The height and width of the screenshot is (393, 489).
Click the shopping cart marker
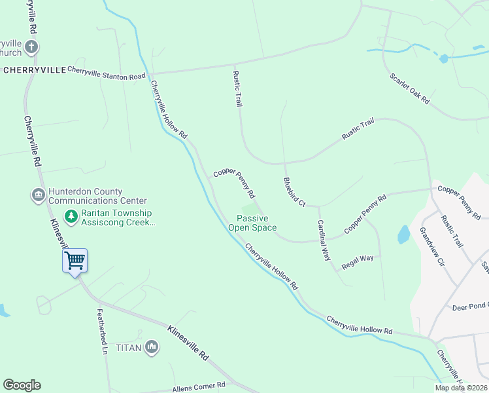[x=75, y=261]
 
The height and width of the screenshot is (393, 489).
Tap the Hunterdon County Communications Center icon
[x=38, y=195]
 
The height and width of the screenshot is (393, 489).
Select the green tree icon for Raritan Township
[x=70, y=216]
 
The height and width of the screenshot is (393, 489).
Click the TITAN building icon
[x=152, y=347]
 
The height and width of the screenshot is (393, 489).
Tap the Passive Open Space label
[x=252, y=223]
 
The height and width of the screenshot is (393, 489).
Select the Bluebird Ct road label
[x=294, y=192]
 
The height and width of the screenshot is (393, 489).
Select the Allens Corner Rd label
[x=199, y=387]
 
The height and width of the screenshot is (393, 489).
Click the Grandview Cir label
[x=431, y=246]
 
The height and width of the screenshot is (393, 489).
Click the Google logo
[x=22, y=385]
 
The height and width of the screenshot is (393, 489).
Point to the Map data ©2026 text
[x=461, y=388]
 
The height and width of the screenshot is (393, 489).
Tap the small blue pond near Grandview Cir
[x=403, y=234]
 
